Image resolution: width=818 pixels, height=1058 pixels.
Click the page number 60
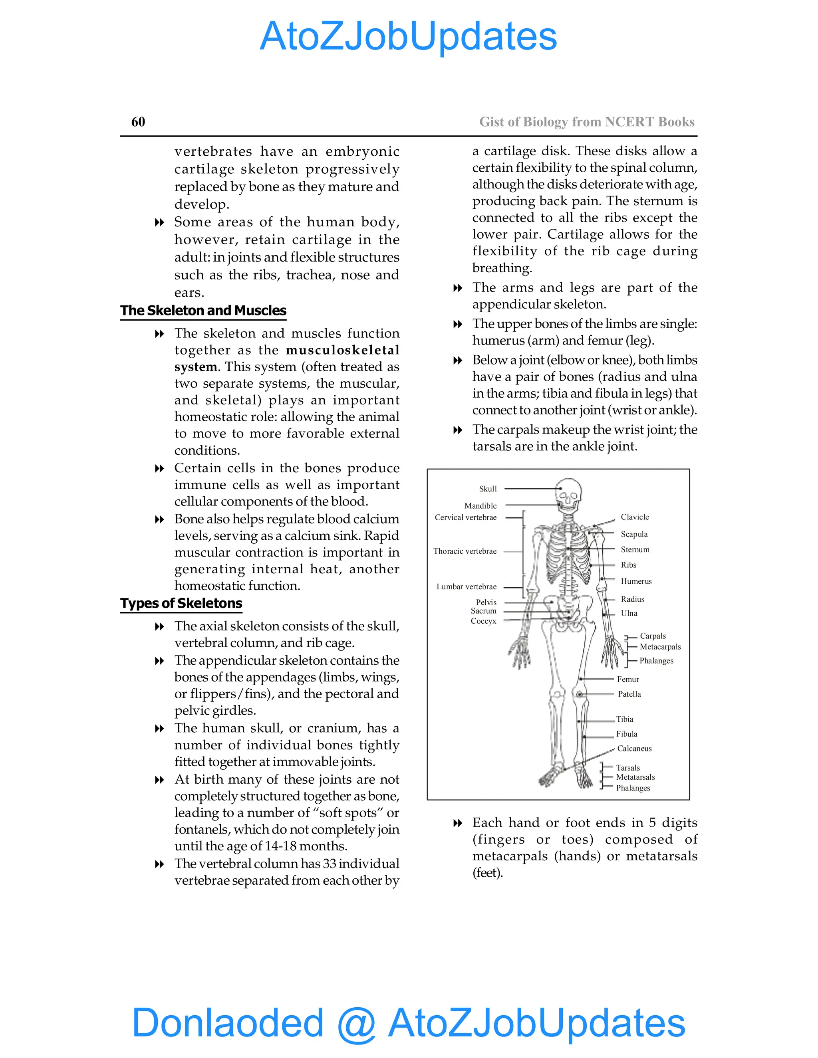pyautogui.click(x=138, y=122)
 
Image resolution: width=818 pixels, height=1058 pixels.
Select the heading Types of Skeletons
pyautogui.click(x=181, y=603)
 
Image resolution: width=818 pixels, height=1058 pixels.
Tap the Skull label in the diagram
pyautogui.click(x=488, y=489)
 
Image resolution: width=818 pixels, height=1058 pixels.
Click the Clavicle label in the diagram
pyautogui.click(x=634, y=517)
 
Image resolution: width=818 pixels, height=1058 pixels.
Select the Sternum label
pyautogui.click(x=635, y=549)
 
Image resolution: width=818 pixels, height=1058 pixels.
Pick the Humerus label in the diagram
pyautogui.click(x=636, y=581)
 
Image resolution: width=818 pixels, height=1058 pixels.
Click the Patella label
pyautogui.click(x=629, y=694)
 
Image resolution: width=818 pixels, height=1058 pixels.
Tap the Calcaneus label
pyautogui.click(x=634, y=749)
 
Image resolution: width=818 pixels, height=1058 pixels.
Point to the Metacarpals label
pyautogui.click(x=660, y=647)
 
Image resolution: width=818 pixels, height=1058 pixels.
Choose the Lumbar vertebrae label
pyautogui.click(x=466, y=586)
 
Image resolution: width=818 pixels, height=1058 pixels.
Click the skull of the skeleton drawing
pyautogui.click(x=568, y=492)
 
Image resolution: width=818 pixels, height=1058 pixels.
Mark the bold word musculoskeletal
pyautogui.click(x=343, y=350)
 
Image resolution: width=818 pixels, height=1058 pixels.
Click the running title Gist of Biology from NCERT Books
pyautogui.click(x=587, y=122)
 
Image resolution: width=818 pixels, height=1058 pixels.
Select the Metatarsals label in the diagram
pyautogui.click(x=635, y=777)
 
